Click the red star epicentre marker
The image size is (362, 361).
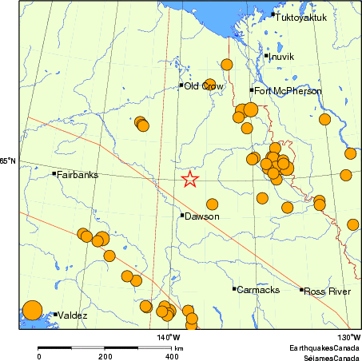pos(189,179)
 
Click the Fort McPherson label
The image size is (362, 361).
pos(288,91)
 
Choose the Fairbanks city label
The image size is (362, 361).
pos(78,173)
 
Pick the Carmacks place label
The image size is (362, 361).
pos(257,289)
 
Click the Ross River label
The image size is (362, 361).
pos(328,292)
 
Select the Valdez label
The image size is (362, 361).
pos(73,315)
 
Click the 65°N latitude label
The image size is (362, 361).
pos(8,162)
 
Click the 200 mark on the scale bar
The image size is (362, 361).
pos(105,356)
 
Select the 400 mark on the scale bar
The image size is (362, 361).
pos(171,356)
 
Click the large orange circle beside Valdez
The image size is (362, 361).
pos(31,310)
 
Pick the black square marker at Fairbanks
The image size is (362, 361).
pos(54,173)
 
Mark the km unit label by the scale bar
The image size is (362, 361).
pos(180,349)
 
